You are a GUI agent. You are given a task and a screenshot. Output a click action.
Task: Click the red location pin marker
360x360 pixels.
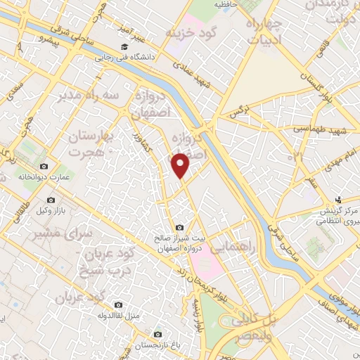pos(181,165)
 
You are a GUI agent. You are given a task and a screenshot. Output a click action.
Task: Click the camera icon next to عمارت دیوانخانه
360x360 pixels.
pos(44,166)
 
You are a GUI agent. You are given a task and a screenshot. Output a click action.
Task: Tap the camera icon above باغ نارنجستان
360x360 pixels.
pos(157,334)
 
